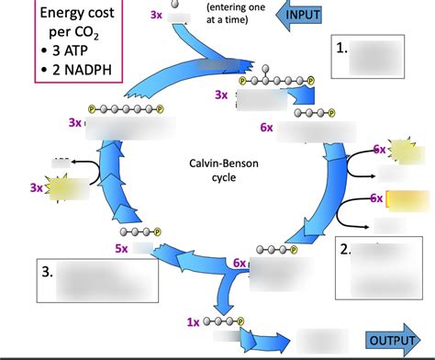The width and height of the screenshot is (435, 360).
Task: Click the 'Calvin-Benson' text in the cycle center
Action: point(217,163)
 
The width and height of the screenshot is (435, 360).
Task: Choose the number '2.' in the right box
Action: point(345,249)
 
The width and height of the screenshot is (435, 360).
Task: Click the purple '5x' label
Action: point(121,248)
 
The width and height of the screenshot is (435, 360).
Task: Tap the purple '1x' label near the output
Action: point(193,322)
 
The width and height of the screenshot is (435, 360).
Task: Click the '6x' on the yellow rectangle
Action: point(377,197)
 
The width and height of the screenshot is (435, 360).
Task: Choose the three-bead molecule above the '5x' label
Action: point(143,232)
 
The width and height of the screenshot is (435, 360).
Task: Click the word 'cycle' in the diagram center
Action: point(217,177)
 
